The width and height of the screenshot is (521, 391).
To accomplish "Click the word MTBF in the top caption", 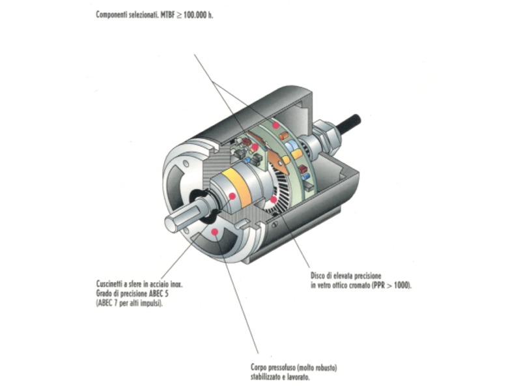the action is click(167, 15).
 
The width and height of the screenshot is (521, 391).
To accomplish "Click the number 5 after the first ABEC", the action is click(166, 294).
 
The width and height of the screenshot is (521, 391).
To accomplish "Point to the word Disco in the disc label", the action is click(317, 275).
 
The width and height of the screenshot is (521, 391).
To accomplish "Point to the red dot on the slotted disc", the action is click(273, 200).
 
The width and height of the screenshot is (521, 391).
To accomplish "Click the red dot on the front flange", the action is click(215, 231).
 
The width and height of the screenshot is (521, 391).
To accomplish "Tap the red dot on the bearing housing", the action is click(232, 196).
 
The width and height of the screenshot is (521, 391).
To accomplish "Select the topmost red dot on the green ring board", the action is click(275, 125).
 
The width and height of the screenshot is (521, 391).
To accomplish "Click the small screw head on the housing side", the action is click(275, 225).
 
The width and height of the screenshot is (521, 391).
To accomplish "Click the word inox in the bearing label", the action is click(176, 284).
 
